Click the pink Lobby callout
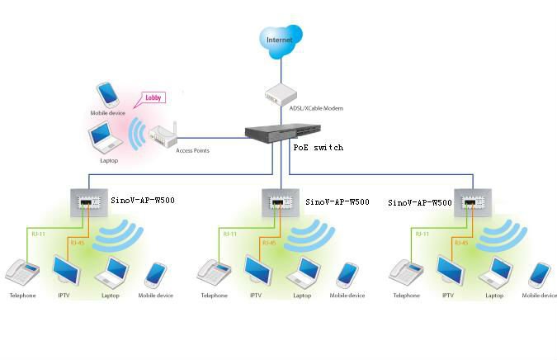pos(154,97)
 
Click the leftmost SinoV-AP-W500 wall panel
pos(86,201)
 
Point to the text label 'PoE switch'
pos(318,147)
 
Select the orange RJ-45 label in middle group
pos(268,242)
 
